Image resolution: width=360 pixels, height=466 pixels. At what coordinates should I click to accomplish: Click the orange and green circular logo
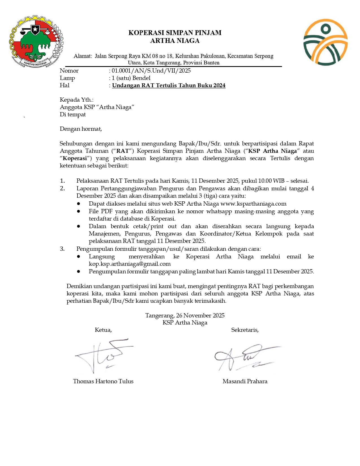(x=325, y=42)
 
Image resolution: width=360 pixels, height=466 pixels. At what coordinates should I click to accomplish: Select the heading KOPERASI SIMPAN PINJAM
(x=175, y=33)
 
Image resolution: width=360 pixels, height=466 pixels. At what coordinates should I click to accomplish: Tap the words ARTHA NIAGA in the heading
(x=175, y=41)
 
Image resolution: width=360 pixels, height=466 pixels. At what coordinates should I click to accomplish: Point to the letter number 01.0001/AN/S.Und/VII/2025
(x=151, y=71)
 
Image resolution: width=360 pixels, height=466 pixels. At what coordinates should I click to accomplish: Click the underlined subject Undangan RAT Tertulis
(x=169, y=85)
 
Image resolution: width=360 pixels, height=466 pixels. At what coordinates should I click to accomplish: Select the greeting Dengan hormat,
(x=81, y=129)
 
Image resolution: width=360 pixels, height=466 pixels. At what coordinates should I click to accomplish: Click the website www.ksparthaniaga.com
(x=253, y=204)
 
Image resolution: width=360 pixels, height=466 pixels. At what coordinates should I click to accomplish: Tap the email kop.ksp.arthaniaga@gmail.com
(x=130, y=264)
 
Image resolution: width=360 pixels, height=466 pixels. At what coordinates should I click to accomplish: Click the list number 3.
(x=62, y=249)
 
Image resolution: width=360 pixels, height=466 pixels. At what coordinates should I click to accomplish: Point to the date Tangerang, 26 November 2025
(x=185, y=315)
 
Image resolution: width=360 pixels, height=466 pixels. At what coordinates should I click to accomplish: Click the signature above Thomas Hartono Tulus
(x=103, y=356)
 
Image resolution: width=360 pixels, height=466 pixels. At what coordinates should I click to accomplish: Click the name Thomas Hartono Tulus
(x=103, y=381)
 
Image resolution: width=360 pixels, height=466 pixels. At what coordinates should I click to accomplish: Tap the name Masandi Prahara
(x=245, y=381)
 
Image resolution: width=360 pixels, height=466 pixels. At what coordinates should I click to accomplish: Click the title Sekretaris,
(x=245, y=330)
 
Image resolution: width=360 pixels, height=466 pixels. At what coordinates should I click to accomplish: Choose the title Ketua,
(x=103, y=330)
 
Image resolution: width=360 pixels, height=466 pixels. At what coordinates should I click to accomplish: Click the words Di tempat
(x=73, y=114)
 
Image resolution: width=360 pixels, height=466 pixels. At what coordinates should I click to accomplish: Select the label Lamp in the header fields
(x=67, y=78)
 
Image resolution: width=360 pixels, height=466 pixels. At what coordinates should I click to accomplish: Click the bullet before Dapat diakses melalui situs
(x=78, y=204)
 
